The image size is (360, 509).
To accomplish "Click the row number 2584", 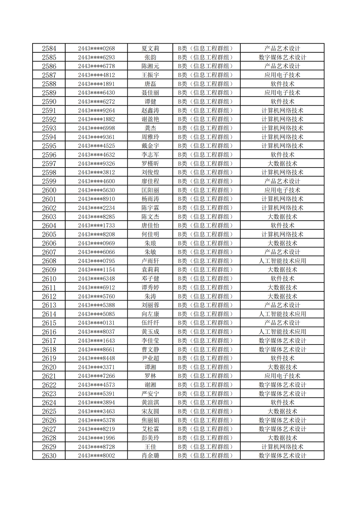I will (x=49, y=49).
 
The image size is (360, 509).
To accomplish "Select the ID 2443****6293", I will (x=96, y=57).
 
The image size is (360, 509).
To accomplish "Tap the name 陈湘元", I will (x=150, y=66).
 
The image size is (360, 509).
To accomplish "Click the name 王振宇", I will (x=150, y=75).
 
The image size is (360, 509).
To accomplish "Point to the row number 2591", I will (x=49, y=111).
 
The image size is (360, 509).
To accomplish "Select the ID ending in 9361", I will (x=96, y=137).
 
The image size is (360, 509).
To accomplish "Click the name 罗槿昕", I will (x=150, y=164).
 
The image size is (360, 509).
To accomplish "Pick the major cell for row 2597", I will (x=282, y=164).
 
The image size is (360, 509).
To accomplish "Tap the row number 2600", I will (x=49, y=190).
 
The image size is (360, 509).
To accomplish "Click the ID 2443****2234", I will (x=96, y=208).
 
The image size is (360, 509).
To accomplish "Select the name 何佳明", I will (x=150, y=235).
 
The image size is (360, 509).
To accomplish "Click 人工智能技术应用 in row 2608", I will (x=282, y=261).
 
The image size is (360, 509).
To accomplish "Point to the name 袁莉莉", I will (x=150, y=270).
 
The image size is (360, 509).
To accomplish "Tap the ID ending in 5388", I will (x=96, y=305).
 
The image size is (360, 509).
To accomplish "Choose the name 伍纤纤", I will (x=150, y=323).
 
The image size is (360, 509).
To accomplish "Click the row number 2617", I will (x=49, y=341).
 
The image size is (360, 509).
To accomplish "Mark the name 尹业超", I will (x=150, y=358).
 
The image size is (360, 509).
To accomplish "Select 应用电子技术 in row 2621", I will (x=282, y=376).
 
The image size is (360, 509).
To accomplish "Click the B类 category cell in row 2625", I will (x=206, y=411).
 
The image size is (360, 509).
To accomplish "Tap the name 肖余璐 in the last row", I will (x=150, y=456).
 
